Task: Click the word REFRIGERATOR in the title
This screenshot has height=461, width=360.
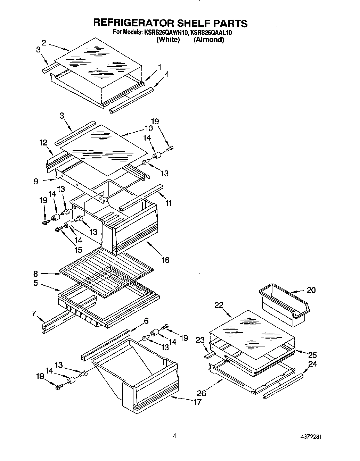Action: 132,23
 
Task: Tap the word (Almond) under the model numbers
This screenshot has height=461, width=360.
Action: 208,40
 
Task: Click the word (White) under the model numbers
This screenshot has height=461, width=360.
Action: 168,40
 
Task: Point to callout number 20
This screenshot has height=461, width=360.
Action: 311,290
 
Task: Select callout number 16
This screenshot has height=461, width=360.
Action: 165,260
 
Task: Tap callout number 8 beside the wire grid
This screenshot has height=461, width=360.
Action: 36,274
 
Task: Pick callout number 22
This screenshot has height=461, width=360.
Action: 219,305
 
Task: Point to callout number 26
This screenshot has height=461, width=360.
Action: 202,393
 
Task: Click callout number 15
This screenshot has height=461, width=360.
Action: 78,250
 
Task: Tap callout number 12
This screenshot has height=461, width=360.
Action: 43,142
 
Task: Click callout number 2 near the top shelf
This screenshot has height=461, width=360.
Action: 44,43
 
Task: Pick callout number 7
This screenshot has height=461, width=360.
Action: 33,313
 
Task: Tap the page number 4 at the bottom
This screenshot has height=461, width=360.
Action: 174,436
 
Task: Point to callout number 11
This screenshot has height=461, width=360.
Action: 168,203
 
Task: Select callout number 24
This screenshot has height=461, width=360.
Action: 312,364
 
